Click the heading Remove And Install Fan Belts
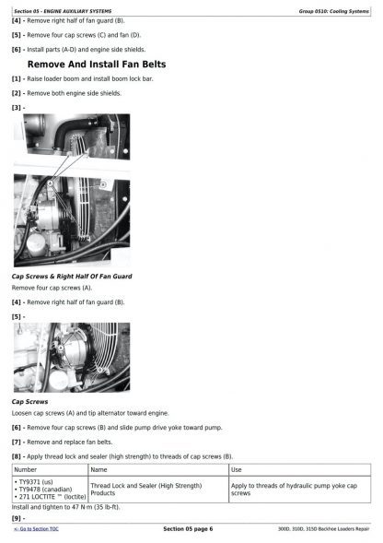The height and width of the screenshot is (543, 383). coord(97,65)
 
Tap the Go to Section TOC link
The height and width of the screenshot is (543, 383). coord(36,529)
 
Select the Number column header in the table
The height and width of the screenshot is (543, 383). coord(25,469)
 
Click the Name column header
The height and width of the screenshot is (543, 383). coord(99,469)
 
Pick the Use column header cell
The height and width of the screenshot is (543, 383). coord(236,469)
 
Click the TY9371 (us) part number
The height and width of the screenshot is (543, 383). coord(34,482)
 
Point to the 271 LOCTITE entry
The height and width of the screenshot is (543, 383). coord(50,497)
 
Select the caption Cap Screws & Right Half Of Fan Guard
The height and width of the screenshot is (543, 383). coord(72,277)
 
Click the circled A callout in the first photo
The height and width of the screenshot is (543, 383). coord(51,183)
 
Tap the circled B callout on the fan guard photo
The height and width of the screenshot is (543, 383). coord(103,184)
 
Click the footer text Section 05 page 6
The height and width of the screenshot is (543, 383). coord(188,529)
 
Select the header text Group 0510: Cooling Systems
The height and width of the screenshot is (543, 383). coord(334,11)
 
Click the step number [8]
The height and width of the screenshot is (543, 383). coord(17,456)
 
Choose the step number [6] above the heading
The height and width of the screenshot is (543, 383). coord(17,50)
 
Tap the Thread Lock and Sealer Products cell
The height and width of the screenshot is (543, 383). coord(146,490)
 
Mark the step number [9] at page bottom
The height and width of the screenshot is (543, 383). coord(17,518)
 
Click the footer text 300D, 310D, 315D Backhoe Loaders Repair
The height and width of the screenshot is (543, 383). coord(323,529)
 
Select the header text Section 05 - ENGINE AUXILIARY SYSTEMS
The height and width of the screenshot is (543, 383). coord(63,11)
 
